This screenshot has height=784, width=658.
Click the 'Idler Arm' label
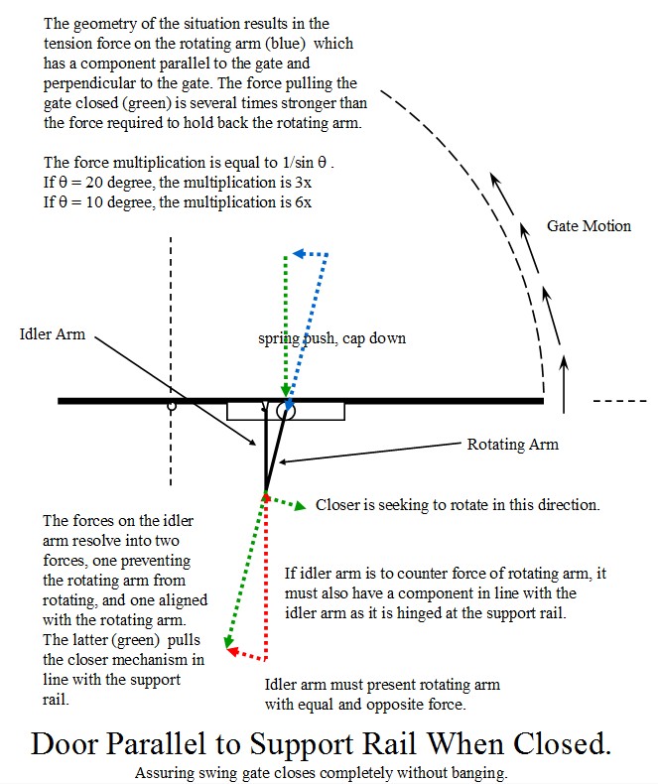pos(52,334)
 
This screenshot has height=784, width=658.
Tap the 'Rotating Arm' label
pos(512,444)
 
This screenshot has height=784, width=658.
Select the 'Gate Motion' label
pos(589,226)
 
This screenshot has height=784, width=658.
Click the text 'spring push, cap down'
pos(331,338)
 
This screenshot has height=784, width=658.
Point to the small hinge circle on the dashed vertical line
pos(172,406)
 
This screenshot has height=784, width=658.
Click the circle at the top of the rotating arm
pos(287,412)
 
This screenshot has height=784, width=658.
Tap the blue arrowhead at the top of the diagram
pos(299,253)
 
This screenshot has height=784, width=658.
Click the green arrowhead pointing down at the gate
pos(286,390)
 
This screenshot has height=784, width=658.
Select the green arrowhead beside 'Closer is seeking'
pos(300,506)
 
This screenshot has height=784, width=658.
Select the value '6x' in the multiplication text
pos(303,202)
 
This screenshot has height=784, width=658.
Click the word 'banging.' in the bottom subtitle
pos(479,773)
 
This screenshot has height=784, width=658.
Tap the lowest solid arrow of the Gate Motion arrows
pos(564,384)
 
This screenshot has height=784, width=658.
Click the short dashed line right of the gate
pos(620,401)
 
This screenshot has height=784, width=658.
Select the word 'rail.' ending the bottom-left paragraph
pos(56,699)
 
